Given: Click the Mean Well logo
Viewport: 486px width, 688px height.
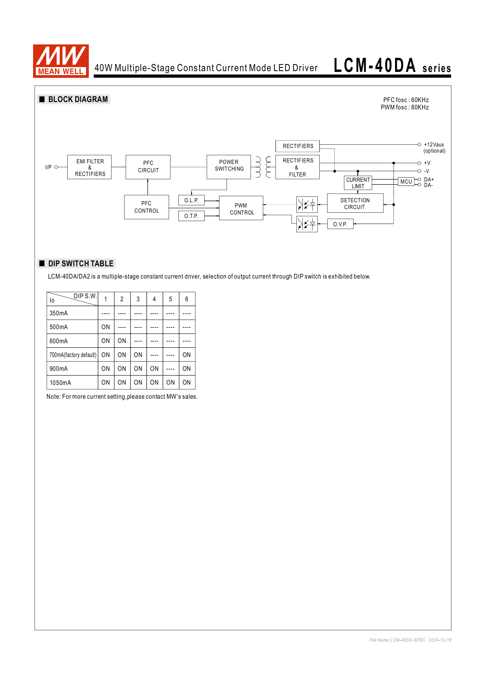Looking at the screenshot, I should [61, 61].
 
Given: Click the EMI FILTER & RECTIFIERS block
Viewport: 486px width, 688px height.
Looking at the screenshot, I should [89, 167].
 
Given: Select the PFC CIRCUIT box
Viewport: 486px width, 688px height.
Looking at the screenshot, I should [148, 167].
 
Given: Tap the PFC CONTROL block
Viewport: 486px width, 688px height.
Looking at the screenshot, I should [146, 207].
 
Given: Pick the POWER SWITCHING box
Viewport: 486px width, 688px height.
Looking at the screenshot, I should [229, 167].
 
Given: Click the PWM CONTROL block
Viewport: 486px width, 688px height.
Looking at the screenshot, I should [241, 208].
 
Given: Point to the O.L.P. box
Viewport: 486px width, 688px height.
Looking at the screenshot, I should [191, 200].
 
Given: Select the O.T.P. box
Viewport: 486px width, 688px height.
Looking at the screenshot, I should [191, 216].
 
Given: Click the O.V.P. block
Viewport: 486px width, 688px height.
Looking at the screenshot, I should [340, 224].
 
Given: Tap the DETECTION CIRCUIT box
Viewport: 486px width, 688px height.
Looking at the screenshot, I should [355, 203].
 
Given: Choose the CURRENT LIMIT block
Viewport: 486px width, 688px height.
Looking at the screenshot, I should [358, 183].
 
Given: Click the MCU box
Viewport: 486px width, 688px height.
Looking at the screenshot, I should [406, 182].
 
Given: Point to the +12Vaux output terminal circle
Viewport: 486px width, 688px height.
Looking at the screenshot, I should [419, 145].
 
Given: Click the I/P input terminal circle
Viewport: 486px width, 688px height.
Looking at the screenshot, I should [56, 167].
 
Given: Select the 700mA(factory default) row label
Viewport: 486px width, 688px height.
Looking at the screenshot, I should [73, 355].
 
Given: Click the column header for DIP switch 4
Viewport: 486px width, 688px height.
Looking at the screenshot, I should [154, 299].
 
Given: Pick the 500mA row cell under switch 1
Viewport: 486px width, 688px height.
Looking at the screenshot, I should [106, 327].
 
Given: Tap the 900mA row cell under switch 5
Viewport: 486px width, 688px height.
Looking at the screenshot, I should [171, 369].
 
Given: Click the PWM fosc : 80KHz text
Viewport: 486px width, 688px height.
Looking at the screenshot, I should [405, 107].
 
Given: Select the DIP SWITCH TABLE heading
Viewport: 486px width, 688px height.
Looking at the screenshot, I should [81, 264].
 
